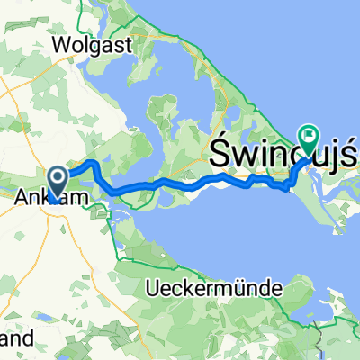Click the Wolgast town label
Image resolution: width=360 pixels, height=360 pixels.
click(92, 44)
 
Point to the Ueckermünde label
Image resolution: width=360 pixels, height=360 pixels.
click(213, 289)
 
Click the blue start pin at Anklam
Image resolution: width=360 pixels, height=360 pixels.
click(58, 182)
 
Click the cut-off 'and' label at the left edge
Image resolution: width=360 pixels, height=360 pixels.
click(16, 339)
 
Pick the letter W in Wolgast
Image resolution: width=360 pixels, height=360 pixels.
click(61, 44)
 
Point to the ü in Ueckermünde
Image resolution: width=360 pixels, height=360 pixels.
click(238, 289)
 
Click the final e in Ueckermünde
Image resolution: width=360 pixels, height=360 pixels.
click(277, 290)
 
